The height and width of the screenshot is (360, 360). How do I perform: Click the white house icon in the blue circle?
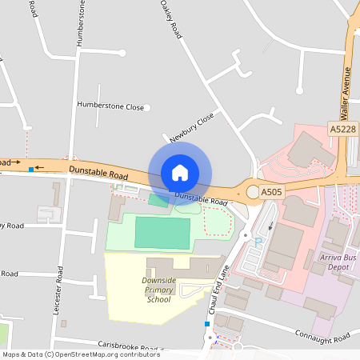(180, 173)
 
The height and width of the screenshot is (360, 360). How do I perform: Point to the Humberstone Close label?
(110, 106)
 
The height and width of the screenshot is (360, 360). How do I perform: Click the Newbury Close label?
(192, 127)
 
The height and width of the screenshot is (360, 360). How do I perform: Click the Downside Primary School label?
(158, 290)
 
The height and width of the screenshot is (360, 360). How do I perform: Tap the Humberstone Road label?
(81, 24)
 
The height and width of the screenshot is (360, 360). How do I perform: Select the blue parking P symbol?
(257, 240)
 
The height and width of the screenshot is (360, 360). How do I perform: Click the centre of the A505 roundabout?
(253, 192)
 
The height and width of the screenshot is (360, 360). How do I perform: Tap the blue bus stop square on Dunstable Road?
(31, 170)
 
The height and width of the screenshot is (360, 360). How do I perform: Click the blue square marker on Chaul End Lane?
(207, 324)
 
